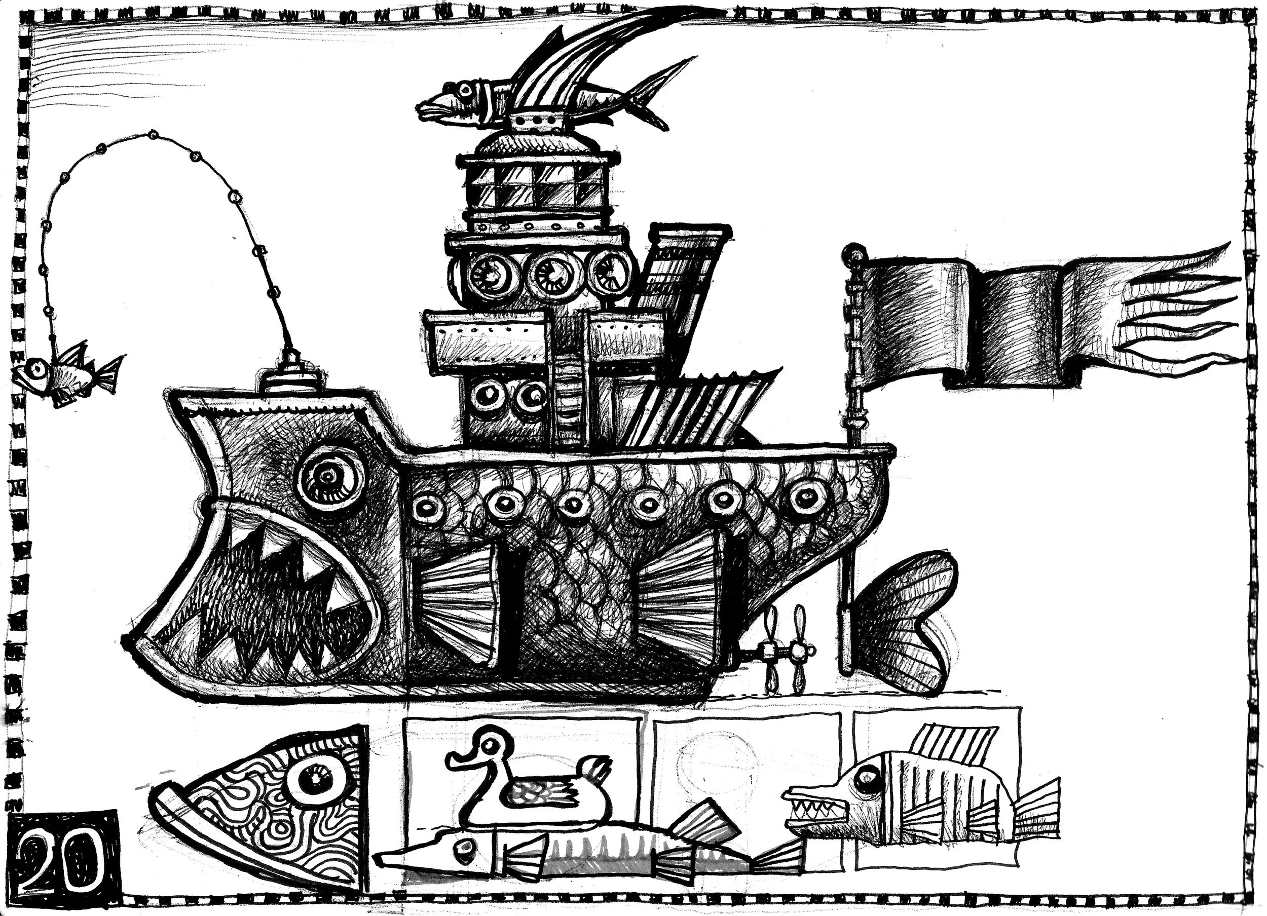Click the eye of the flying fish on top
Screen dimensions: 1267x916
(464, 89)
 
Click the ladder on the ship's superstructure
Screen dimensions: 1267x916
(569, 391)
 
